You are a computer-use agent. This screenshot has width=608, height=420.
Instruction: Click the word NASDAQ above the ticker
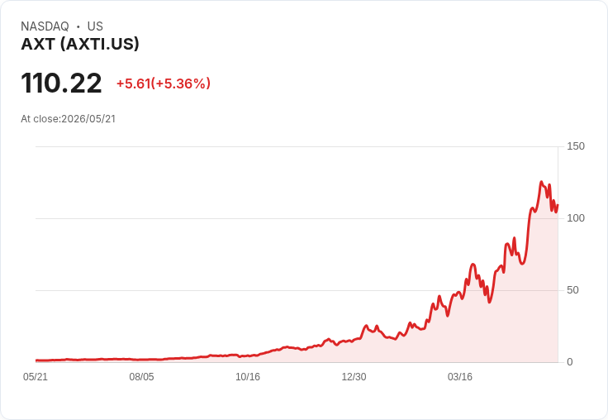point(45,26)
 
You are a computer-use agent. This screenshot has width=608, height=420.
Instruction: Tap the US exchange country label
point(95,26)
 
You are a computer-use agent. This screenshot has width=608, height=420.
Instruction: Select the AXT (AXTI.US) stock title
point(80,44)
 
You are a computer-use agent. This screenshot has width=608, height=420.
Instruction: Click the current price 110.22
point(61,83)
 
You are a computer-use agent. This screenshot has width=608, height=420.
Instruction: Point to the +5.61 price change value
point(133,84)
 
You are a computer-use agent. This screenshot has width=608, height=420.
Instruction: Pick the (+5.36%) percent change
point(181,84)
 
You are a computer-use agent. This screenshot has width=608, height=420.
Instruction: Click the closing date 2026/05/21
point(88,119)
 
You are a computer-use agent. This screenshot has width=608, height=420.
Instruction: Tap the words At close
point(40,119)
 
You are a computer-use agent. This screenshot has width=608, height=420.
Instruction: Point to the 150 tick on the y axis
point(576,146)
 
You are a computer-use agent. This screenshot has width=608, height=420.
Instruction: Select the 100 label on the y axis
point(576,218)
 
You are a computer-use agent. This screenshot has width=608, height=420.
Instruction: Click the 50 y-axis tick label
point(572,290)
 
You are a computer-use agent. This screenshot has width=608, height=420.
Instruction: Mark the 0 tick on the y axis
point(570,362)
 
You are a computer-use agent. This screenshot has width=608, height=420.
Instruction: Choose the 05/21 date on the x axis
point(36,377)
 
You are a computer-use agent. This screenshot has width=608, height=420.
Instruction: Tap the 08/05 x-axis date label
point(141,377)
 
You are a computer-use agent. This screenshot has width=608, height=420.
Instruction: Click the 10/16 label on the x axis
point(248,377)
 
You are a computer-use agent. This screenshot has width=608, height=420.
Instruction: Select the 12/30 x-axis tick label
point(354,377)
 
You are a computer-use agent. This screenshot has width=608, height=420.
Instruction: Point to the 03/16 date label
point(460,377)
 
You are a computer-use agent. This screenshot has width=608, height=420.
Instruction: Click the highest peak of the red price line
point(541,182)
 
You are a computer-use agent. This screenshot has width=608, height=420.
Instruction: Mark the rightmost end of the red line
point(558,205)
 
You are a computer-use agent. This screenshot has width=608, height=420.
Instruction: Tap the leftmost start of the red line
point(36,360)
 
